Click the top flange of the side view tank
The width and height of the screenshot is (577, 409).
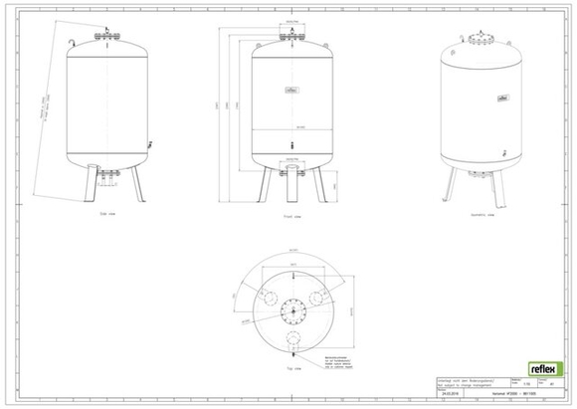[x=105, y=40]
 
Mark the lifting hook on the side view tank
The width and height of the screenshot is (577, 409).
[x=73, y=44]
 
